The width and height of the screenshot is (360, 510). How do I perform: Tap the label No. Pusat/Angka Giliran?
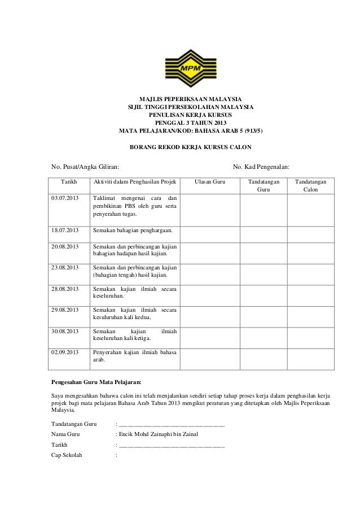coord(85,167)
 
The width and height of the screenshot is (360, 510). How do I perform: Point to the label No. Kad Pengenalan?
coord(261,167)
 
